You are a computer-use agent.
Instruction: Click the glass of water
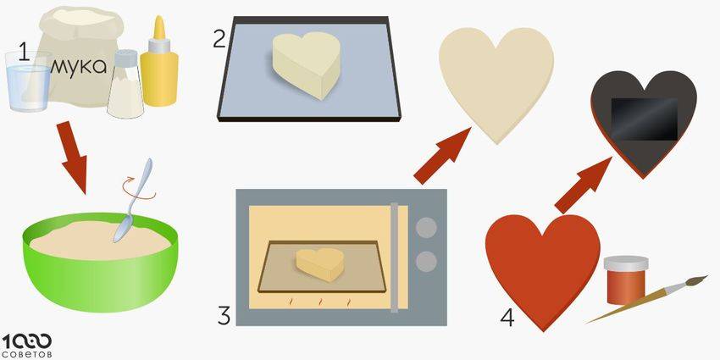(28, 81)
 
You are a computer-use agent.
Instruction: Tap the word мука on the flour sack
(78, 67)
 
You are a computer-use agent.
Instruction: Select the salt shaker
(125, 84)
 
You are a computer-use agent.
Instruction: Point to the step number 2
(219, 39)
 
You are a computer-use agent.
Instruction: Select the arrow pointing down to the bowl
(73, 157)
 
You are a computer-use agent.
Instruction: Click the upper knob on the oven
(426, 227)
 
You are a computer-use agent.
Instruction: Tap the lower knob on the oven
(426, 261)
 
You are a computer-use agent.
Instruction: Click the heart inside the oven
(320, 265)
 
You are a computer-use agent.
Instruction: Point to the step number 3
(224, 316)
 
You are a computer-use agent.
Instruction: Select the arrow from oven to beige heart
(441, 156)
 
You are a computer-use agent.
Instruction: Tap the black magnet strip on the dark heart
(645, 119)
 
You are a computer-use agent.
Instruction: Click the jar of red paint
(625, 280)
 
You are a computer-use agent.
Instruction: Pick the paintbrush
(646, 299)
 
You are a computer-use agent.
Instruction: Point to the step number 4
(507, 318)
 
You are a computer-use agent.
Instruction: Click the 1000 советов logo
(27, 346)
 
